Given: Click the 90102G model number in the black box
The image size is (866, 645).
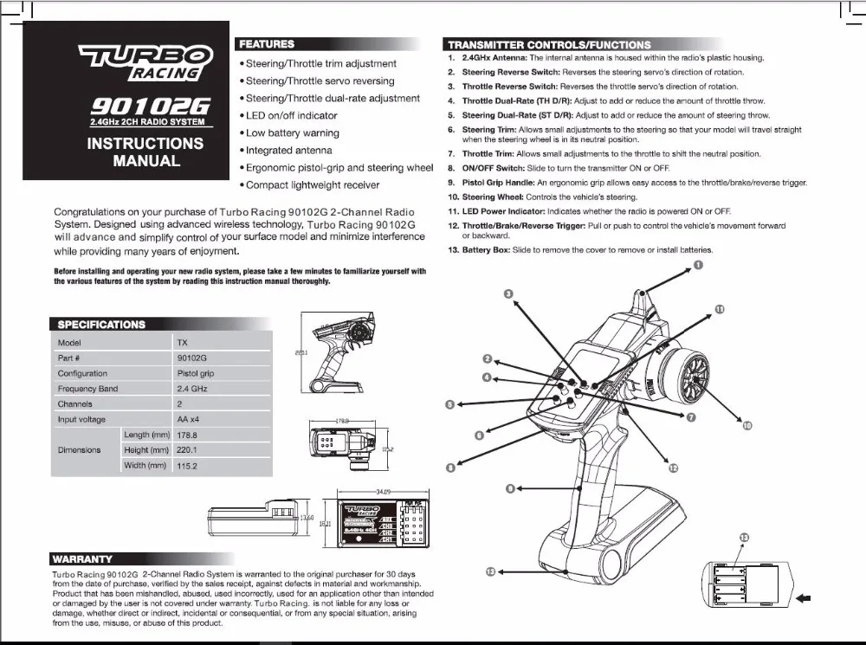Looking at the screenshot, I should [150, 106].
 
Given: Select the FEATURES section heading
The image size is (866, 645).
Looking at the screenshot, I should [267, 43].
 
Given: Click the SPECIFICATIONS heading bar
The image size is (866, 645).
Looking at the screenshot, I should [101, 325].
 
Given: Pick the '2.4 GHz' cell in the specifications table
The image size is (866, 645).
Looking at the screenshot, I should [192, 389].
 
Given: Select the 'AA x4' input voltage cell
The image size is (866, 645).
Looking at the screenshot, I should [189, 419].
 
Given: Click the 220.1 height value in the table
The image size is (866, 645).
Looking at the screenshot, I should [187, 450].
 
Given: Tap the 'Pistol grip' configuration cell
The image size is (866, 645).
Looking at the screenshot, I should [195, 373].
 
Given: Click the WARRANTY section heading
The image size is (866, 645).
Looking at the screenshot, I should [82, 559].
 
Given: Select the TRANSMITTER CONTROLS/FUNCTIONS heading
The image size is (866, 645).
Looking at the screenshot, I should [548, 44].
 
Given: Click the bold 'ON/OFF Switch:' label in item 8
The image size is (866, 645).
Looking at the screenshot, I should [492, 167].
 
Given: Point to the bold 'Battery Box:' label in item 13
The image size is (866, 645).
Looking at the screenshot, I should [488, 249].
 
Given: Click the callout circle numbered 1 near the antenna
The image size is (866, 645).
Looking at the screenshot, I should [698, 266].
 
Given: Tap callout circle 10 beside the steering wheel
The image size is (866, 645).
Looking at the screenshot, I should [747, 425].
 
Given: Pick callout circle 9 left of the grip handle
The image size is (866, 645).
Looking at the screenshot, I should [510, 489].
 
